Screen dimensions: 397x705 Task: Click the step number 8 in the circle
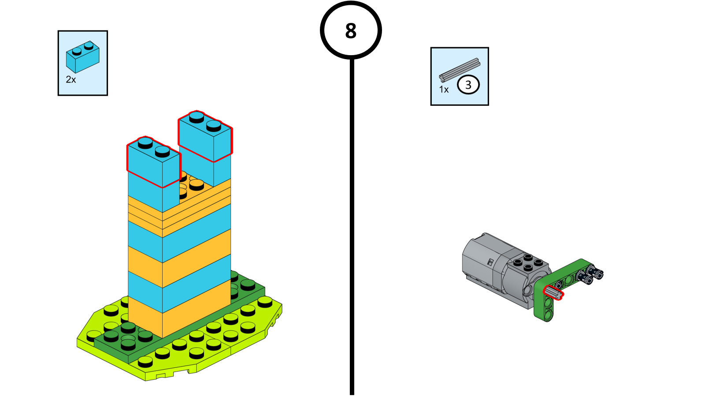click(x=351, y=31)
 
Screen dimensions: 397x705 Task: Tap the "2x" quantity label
click(x=71, y=80)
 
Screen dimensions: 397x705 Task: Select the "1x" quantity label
click(x=444, y=90)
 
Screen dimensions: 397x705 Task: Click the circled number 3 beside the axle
click(x=468, y=85)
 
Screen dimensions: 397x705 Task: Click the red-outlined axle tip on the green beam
click(x=553, y=292)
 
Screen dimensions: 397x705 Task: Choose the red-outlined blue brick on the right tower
click(x=205, y=137)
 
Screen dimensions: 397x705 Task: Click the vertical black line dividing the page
click(x=352, y=221)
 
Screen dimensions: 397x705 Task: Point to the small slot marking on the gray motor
click(x=490, y=262)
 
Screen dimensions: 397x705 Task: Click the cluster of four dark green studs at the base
click(x=128, y=335)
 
